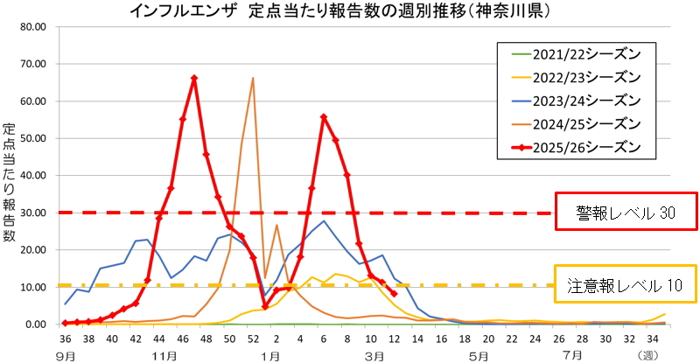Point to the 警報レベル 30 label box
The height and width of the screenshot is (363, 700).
tap(625, 213)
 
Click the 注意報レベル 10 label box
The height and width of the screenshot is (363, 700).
tap(625, 285)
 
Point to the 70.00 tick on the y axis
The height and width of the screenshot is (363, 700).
tap(32, 64)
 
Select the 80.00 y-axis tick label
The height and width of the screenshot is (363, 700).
tap(32, 26)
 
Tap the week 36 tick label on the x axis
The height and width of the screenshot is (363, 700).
tap(66, 339)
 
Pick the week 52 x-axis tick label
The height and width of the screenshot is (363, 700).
tap(253, 339)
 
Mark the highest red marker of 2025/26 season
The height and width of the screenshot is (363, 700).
tap(194, 79)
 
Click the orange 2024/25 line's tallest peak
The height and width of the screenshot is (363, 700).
tap(253, 79)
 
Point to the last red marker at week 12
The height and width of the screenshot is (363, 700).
tap(394, 294)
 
